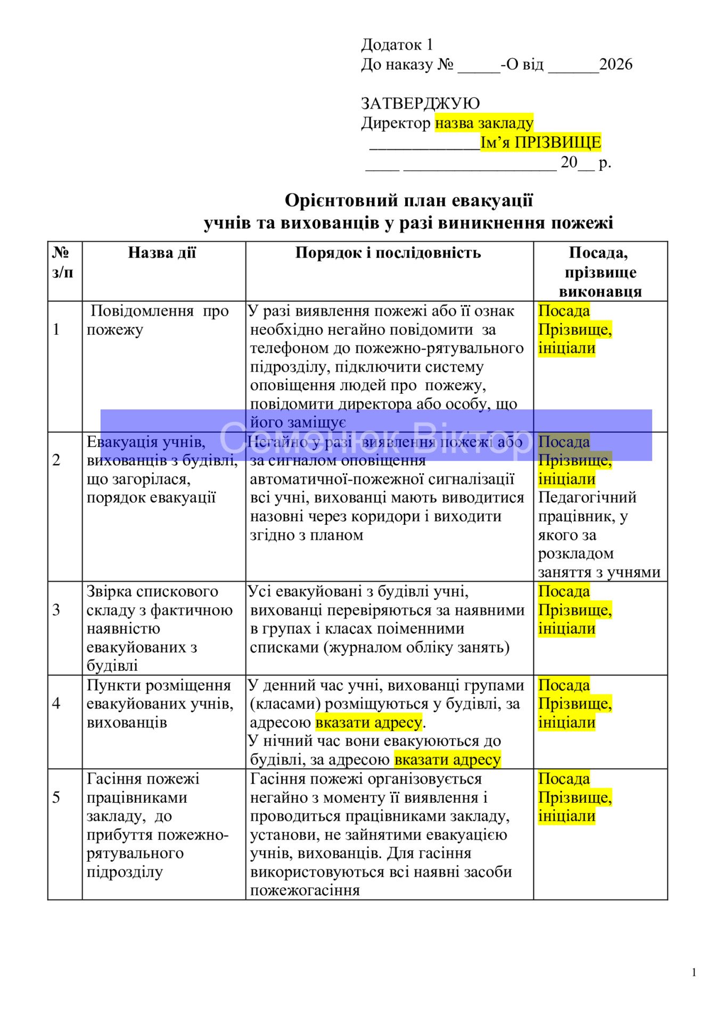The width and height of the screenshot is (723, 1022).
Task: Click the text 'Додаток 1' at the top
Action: [x=397, y=44]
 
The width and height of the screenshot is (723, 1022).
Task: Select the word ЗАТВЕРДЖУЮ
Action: [x=420, y=103]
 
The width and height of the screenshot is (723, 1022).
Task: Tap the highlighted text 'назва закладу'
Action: [x=483, y=123]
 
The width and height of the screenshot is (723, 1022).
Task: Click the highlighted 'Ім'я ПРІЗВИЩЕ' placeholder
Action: [x=540, y=142]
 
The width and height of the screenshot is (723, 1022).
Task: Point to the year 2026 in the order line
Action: [x=615, y=64]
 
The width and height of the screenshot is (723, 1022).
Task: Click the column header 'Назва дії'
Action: [x=162, y=252]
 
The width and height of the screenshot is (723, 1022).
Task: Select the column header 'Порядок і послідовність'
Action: [x=388, y=252]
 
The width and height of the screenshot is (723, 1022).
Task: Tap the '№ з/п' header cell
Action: [x=63, y=262]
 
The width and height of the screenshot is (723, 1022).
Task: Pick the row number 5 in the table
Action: [x=56, y=797]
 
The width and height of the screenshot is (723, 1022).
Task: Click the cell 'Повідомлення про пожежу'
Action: [x=158, y=320]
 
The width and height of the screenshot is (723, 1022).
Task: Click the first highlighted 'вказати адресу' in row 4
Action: [x=368, y=722]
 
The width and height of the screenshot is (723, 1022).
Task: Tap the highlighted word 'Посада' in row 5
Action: [x=564, y=778]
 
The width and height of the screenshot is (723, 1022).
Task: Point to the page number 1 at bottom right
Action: [x=694, y=972]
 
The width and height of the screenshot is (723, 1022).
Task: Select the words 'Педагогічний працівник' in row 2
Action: [x=587, y=506]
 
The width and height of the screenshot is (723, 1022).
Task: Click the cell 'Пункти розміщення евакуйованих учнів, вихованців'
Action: [x=160, y=703]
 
